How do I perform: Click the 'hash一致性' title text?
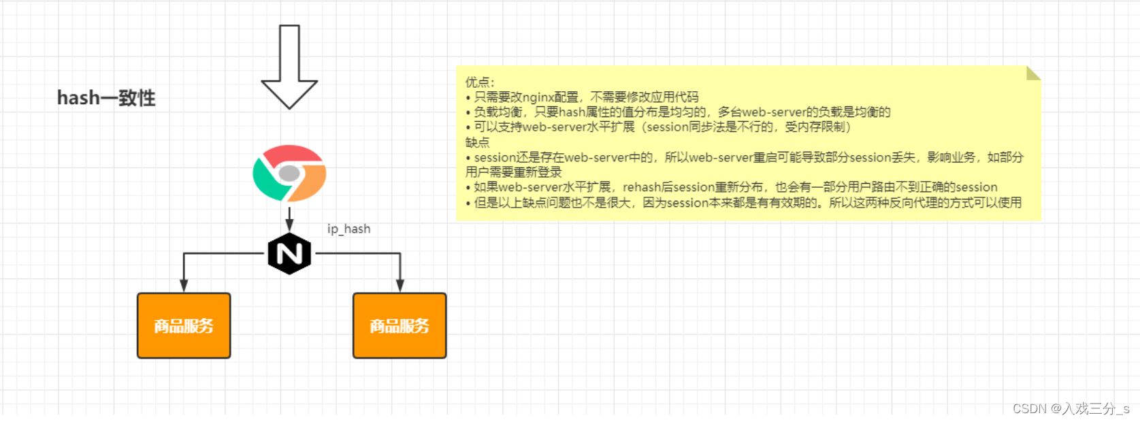pyautogui.click(x=106, y=98)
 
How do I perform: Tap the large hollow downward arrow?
pyautogui.click(x=289, y=67)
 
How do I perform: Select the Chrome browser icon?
pyautogui.click(x=289, y=173)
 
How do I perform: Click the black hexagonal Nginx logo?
pyautogui.click(x=289, y=253)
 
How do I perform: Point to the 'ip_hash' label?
pyautogui.click(x=348, y=229)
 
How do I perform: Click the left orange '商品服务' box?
pyautogui.click(x=184, y=326)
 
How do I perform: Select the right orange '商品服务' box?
pyautogui.click(x=400, y=326)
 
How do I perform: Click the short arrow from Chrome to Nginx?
pyautogui.click(x=289, y=219)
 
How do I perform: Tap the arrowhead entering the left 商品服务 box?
pyautogui.click(x=184, y=286)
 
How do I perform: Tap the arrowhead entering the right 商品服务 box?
pyautogui.click(x=400, y=286)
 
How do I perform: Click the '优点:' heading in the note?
pyautogui.click(x=479, y=82)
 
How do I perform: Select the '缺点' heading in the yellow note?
pyautogui.click(x=477, y=142)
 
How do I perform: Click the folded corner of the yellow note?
pyautogui.click(x=1034, y=74)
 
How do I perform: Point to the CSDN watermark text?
pyautogui.click(x=1071, y=409)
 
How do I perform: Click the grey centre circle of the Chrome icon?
pyautogui.click(x=289, y=173)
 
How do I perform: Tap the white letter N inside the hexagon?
pyautogui.click(x=289, y=253)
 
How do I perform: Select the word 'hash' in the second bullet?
pyautogui.click(x=571, y=112)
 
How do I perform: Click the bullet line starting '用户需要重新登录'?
pyautogui.click(x=513, y=172)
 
